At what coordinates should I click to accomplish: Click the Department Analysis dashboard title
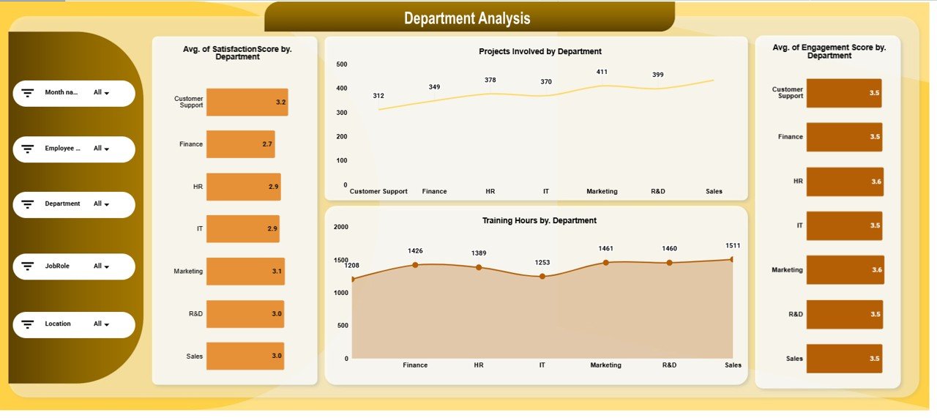pos(467,18)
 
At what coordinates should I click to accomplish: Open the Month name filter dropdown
pos(101,93)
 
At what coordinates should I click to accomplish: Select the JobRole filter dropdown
pos(101,266)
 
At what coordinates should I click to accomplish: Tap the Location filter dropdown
pos(101,324)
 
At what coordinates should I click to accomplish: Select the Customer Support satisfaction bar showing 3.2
pos(247,102)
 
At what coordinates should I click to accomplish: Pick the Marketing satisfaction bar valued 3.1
pos(245,271)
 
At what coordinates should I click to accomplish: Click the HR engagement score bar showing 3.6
pos(845,182)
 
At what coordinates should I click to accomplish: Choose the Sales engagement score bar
pos(844,359)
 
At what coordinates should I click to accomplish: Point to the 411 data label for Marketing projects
pos(602,72)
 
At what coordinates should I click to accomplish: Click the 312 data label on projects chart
pos(378,96)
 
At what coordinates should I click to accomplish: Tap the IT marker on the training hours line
pos(542,277)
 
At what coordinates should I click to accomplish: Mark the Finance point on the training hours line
pos(415,265)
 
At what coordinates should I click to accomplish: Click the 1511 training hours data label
pos(731,245)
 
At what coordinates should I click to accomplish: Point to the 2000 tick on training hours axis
pos(341,227)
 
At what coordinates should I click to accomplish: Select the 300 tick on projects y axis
pos(341,113)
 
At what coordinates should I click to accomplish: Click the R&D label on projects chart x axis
pos(657,192)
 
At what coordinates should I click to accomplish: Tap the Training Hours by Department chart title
pos(539,220)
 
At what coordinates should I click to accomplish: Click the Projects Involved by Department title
pos(540,51)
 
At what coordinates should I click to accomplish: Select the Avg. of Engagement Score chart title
pos(829,51)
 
